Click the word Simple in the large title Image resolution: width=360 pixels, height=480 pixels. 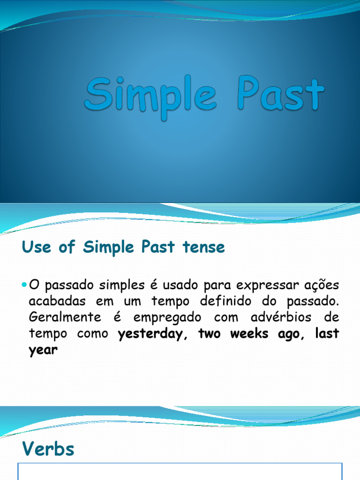(150, 96)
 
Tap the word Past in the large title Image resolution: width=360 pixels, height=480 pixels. (280, 94)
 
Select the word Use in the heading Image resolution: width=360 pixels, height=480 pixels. (37, 247)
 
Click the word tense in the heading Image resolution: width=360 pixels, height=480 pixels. (203, 247)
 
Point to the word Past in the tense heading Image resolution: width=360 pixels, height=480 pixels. (158, 247)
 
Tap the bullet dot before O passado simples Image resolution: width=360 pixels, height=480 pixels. (24, 285)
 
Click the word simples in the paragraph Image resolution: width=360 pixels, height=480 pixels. (121, 285)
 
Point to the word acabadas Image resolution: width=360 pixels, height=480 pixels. (57, 301)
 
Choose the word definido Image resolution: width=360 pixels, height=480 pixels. (225, 301)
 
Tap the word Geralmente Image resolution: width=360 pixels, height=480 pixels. (65, 317)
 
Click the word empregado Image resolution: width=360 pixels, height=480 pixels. (167, 318)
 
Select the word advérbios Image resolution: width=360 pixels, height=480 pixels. (281, 317)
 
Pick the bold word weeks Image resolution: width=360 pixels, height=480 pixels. (249, 333)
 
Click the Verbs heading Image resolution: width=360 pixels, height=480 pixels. (48, 449)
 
